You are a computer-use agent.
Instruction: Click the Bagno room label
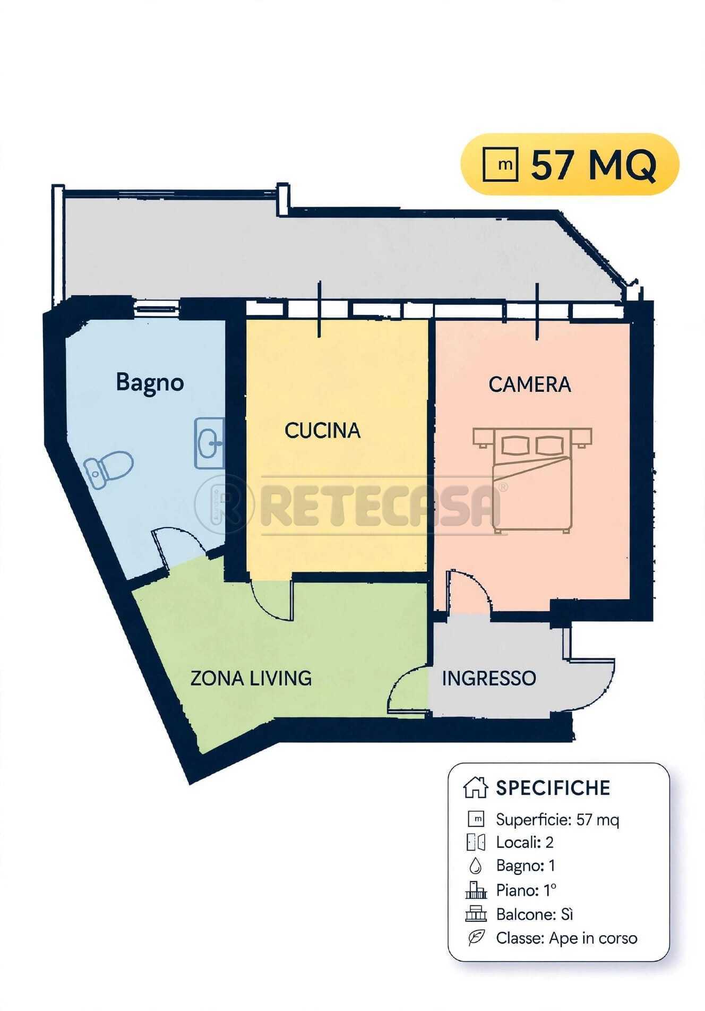pos(150,383)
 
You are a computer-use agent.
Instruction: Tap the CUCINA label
pos(322,430)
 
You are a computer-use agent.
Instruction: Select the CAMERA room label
pos(530,384)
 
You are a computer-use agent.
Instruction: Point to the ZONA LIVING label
pos(251,678)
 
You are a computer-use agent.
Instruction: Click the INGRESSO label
pos(489,678)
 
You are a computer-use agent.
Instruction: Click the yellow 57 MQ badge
pos(570,164)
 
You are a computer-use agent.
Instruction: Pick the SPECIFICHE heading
pos(553,788)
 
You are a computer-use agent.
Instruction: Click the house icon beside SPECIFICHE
pos(475,787)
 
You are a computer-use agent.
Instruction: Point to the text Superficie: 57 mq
pos(557,820)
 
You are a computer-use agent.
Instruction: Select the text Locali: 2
pos(525,842)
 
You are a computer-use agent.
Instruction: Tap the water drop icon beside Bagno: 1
pos(476,867)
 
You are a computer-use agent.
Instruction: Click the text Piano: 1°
pos(526,890)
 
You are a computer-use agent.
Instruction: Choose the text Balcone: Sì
pos(535,914)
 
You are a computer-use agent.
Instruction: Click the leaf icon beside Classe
pos(476,938)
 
